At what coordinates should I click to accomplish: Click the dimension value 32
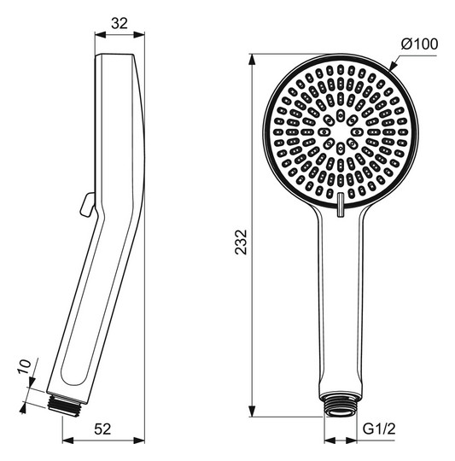click(120, 23)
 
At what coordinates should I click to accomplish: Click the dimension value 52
click(102, 429)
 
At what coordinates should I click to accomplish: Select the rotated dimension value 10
click(25, 366)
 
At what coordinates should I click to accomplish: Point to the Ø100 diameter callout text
click(419, 44)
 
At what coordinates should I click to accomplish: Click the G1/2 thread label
click(379, 429)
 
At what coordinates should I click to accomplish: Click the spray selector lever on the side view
click(87, 204)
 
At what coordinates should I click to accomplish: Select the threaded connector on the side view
click(66, 406)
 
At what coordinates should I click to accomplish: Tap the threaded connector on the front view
click(341, 404)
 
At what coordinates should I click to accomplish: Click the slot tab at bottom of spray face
click(340, 205)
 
